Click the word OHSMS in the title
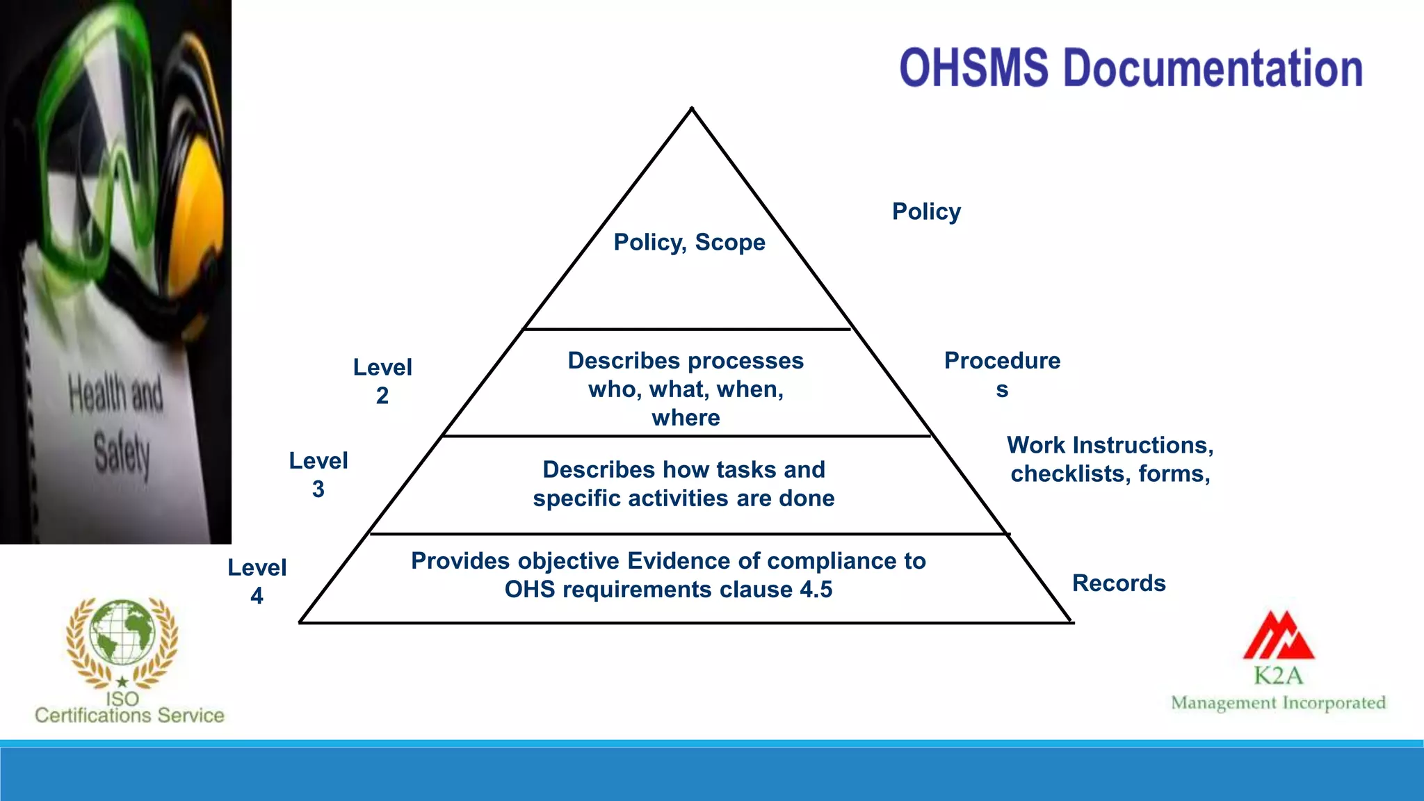pyautogui.click(x=973, y=68)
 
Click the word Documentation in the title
pyautogui.click(x=1213, y=68)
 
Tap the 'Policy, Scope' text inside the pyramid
pyautogui.click(x=689, y=242)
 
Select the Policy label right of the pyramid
pyautogui.click(x=926, y=211)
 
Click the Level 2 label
pyautogui.click(x=382, y=380)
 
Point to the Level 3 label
pyautogui.click(x=318, y=474)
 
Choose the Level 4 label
pyautogui.click(x=257, y=581)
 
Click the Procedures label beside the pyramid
pyautogui.click(x=1002, y=373)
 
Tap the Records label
pyautogui.click(x=1119, y=583)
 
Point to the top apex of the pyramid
pyautogui.click(x=692, y=109)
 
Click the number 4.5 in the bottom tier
pyautogui.click(x=816, y=590)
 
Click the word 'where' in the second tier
pyautogui.click(x=686, y=418)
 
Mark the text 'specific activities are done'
pyautogui.click(x=683, y=499)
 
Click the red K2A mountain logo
pyautogui.click(x=1279, y=636)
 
